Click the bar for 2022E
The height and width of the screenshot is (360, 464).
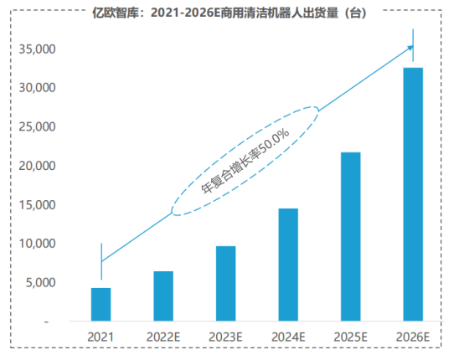pos(163,296)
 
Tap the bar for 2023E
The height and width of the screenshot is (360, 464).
pos(225,284)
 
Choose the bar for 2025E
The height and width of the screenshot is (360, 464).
pos(351,236)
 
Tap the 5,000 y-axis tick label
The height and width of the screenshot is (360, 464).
pos(39,283)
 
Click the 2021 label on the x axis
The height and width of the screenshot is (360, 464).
pos(101,337)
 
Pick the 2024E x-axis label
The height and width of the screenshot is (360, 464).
pos(288,337)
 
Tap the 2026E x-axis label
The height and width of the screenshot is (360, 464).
pos(413,337)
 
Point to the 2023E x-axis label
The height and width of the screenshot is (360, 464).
pos(225,337)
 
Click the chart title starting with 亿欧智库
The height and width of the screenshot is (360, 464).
pos(231,13)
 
